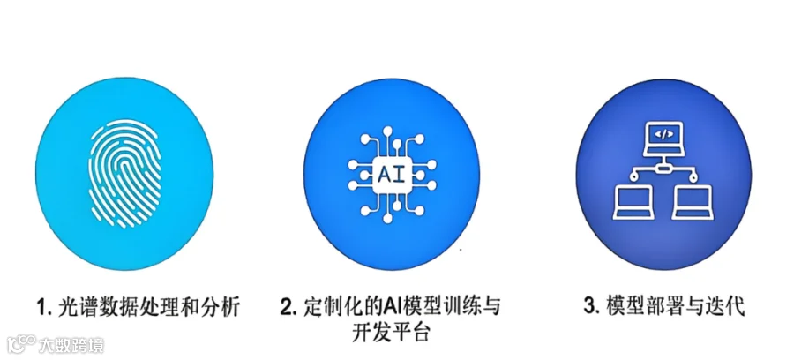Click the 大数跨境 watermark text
tap(71, 344)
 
